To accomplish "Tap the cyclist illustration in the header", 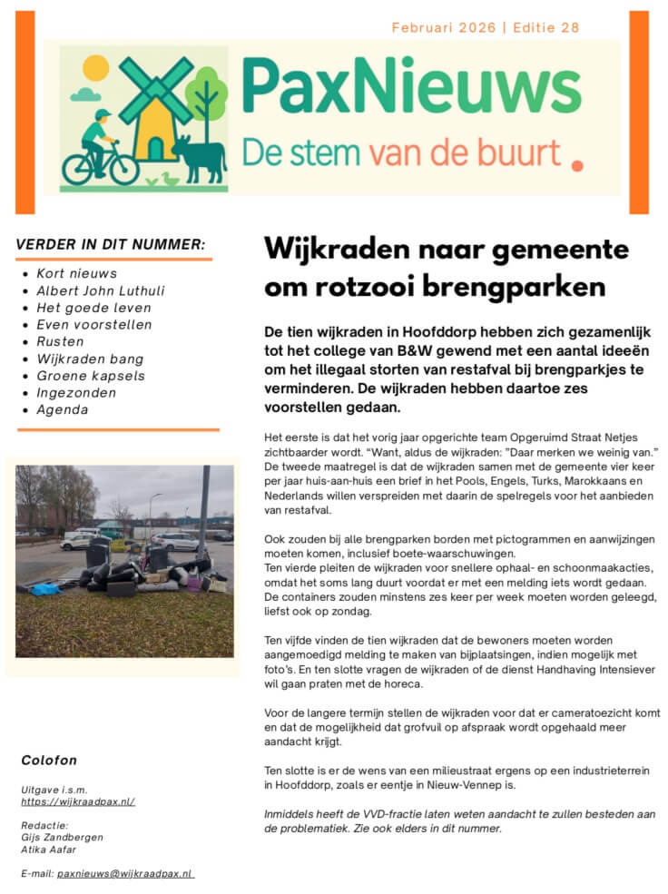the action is click(x=97, y=149).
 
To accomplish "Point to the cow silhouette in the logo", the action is click(x=200, y=156).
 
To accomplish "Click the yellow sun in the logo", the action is click(x=95, y=68).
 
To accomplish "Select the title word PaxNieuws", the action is click(x=411, y=87).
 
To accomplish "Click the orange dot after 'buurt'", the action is click(x=578, y=165).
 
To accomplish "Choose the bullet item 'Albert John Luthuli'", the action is click(x=101, y=290).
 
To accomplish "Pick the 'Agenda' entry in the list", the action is click(x=63, y=409).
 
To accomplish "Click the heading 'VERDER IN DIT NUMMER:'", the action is click(x=111, y=244).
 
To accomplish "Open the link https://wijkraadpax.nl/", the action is click(x=78, y=801).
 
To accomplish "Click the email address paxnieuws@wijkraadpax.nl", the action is click(x=125, y=873).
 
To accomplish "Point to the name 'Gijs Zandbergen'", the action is click(x=62, y=837).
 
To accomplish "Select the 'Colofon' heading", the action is click(x=49, y=761).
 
